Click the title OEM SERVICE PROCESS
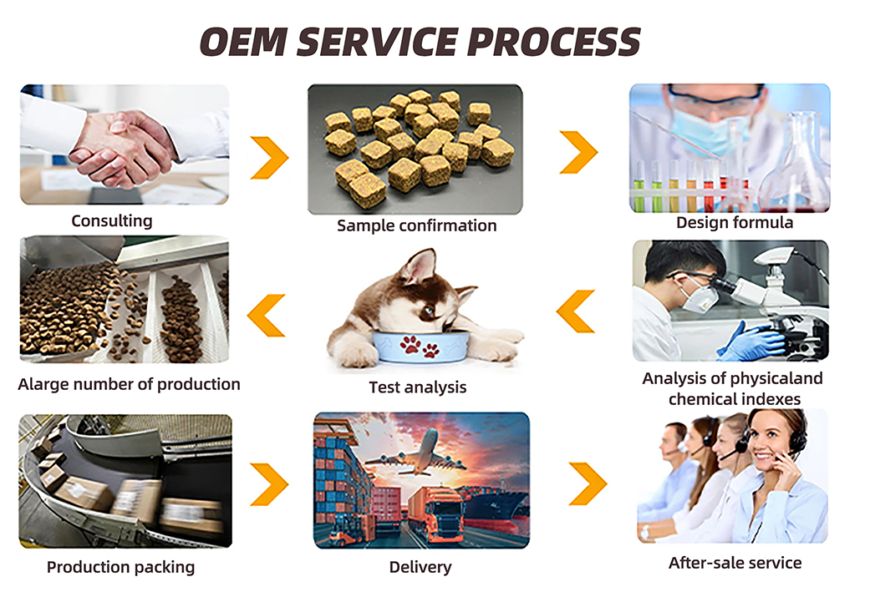point(420,42)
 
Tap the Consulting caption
point(111,221)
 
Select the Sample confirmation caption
point(416,225)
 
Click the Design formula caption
point(734,223)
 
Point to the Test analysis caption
point(417,387)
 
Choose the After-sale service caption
point(735,563)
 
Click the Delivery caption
point(420,568)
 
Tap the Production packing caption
point(120,567)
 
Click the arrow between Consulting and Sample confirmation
point(269,156)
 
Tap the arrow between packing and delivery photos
point(269,483)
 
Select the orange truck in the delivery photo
point(434,515)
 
